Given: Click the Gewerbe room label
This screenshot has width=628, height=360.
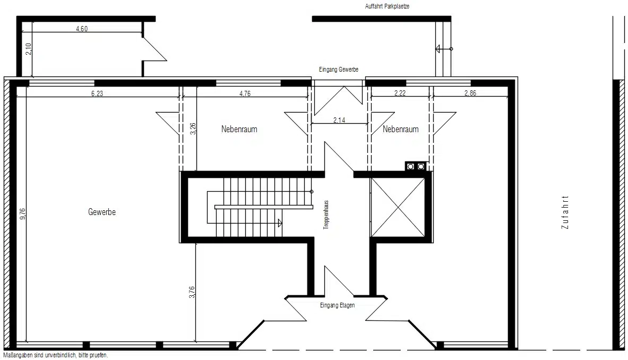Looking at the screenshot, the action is [x=102, y=212].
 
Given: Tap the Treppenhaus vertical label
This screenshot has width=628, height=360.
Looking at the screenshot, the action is [x=326, y=215].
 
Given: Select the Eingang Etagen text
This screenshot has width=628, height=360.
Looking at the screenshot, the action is [x=337, y=305].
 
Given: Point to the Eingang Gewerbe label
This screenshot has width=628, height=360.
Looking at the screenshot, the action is [x=339, y=69].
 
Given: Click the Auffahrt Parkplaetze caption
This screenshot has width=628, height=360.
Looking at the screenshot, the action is [x=387, y=6].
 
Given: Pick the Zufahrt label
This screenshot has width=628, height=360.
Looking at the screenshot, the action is [x=565, y=212].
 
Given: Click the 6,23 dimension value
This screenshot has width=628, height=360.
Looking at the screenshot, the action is [x=97, y=93].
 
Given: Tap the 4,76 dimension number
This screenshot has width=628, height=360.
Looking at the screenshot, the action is [x=245, y=93].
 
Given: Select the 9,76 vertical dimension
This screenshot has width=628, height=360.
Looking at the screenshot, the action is [x=22, y=213].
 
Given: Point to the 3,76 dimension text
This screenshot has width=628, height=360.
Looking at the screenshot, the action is [x=192, y=292].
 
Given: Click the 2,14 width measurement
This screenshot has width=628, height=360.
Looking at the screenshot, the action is [x=339, y=119].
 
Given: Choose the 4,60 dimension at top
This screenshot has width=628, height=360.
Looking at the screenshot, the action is [x=82, y=29].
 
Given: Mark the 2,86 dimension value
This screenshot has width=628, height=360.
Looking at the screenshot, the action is [x=470, y=93].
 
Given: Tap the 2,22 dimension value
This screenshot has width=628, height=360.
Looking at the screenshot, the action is [x=400, y=93].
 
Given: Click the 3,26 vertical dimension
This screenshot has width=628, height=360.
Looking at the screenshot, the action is [x=193, y=128].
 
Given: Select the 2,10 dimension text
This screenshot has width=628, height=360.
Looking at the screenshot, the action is [x=28, y=49].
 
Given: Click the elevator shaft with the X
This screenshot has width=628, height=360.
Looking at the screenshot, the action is [x=398, y=207].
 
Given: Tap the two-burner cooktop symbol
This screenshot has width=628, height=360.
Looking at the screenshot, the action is [x=415, y=166].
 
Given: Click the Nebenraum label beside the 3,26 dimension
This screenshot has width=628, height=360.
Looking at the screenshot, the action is [x=239, y=129].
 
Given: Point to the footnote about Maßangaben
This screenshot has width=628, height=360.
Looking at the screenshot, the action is [x=56, y=355].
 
